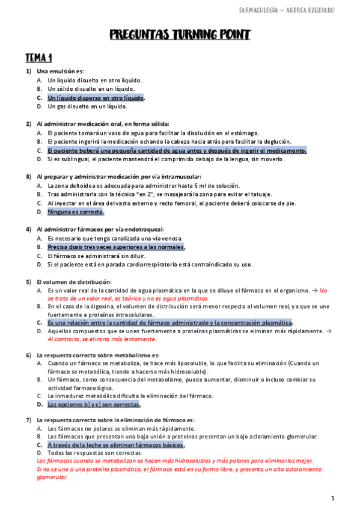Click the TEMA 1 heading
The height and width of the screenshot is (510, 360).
pyautogui.click(x=38, y=58)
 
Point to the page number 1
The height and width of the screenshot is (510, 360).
pyautogui.click(x=332, y=499)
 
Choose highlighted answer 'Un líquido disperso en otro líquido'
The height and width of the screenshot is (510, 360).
pyautogui.click(x=96, y=97)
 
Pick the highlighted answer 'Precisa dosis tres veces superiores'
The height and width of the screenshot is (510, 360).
pyautogui.click(x=116, y=247)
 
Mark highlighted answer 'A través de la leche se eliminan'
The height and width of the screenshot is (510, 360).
pyautogui.click(x=116, y=444)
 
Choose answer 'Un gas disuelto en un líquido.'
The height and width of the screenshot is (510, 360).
pyautogui.click(x=88, y=106)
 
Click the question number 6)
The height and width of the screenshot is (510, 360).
pyautogui.click(x=28, y=355)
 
